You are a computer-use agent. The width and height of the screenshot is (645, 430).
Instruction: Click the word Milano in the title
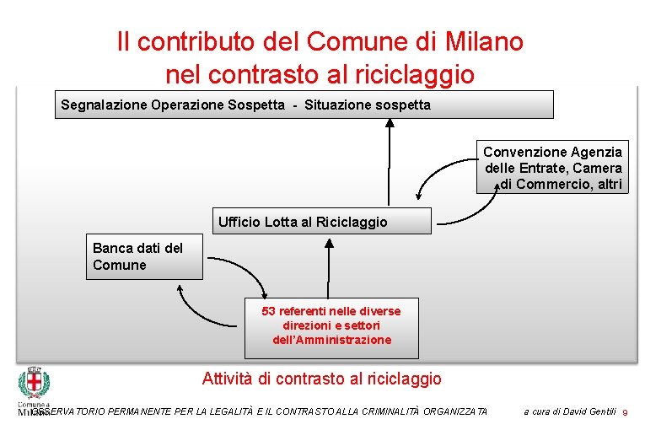coord(482,40)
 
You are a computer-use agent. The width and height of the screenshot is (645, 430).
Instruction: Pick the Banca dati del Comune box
coord(144,256)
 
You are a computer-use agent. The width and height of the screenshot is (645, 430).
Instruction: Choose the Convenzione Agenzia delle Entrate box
coord(552,167)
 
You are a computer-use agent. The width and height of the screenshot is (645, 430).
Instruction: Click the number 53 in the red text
coord(269,311)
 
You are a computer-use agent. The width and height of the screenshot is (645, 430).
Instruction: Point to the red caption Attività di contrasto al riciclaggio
coord(321,379)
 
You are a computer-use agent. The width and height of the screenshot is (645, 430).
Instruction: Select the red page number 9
coord(626,412)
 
